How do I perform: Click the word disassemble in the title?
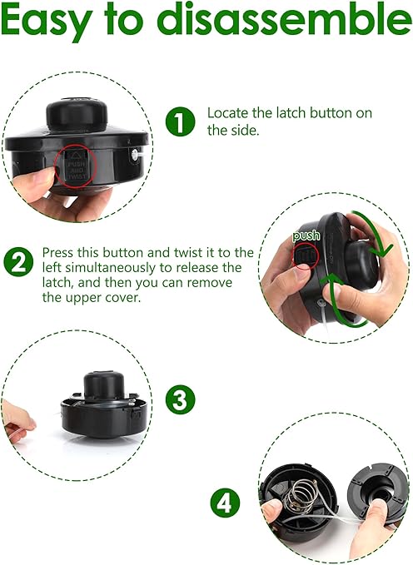284,18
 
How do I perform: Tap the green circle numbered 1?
180,121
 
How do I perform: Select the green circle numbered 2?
18,261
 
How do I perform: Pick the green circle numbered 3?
180,401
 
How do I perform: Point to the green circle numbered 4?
226,503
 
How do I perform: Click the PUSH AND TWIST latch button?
77,166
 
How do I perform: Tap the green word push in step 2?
306,235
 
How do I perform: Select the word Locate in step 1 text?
228,113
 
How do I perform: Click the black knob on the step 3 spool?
104,385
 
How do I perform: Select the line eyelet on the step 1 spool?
133,155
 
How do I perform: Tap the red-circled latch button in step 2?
305,255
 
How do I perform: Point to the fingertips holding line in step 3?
22,422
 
